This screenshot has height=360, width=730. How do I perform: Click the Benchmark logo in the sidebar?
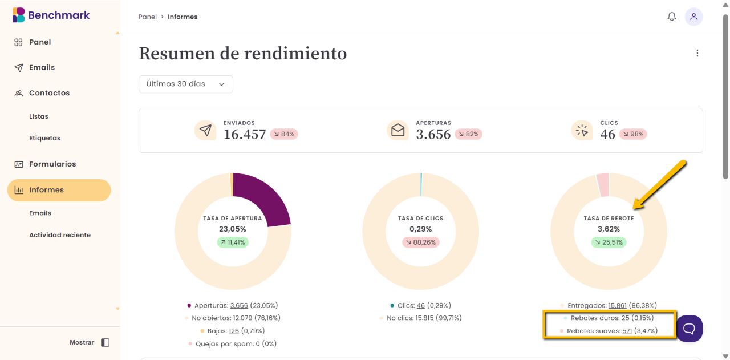(51, 15)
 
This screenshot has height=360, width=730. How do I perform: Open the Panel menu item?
(40, 42)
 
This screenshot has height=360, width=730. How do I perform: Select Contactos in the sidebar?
(49, 92)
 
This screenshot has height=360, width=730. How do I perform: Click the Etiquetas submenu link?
(44, 138)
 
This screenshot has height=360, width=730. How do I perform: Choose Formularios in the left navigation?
(52, 164)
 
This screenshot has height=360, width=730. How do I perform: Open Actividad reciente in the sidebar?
(60, 235)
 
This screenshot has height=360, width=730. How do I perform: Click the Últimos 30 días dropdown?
(185, 84)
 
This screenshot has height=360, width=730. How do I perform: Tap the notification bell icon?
(672, 17)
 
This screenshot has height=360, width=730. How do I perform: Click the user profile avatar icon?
(693, 17)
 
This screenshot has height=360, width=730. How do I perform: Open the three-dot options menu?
(697, 53)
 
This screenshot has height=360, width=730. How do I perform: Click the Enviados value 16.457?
(245, 135)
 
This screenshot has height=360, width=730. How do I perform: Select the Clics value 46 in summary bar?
(607, 135)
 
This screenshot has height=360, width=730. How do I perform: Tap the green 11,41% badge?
(233, 242)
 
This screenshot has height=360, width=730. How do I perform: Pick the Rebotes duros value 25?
(625, 318)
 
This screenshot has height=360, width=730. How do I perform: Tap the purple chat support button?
(689, 328)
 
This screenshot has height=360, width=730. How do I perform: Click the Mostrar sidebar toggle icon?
(105, 342)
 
